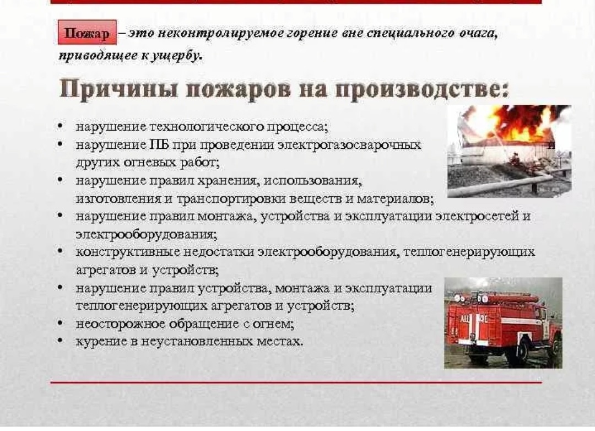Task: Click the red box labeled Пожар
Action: point(87,33)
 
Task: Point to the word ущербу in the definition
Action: point(177,56)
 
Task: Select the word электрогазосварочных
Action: point(349,145)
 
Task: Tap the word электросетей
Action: point(477,216)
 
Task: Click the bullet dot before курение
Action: point(61,340)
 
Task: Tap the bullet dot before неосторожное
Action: point(61,323)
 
